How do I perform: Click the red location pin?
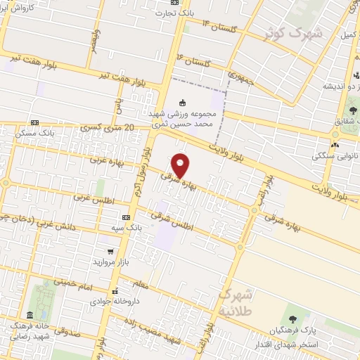181,165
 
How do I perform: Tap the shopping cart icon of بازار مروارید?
110,250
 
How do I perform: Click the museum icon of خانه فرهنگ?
29,314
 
